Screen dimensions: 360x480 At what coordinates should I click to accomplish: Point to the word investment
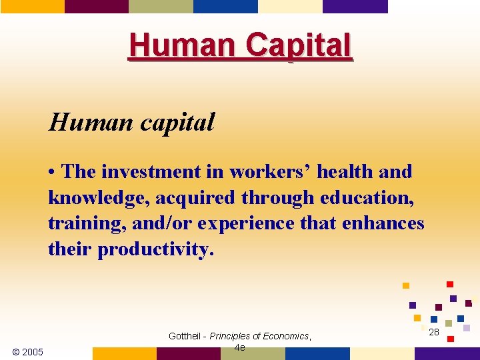(x=153, y=172)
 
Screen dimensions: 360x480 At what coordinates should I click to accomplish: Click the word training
(x=87, y=223)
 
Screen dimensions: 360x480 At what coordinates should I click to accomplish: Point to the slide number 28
(x=434, y=332)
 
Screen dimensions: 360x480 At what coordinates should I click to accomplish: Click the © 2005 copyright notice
(x=28, y=352)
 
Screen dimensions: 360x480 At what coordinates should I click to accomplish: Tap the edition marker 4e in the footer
(x=239, y=347)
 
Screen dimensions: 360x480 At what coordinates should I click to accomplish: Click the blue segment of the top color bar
(x=225, y=6)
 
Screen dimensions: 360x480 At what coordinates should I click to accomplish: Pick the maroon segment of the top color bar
(x=96, y=6)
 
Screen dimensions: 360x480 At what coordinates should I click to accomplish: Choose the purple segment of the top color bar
(x=355, y=6)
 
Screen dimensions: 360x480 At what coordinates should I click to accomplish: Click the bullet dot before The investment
(x=52, y=173)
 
